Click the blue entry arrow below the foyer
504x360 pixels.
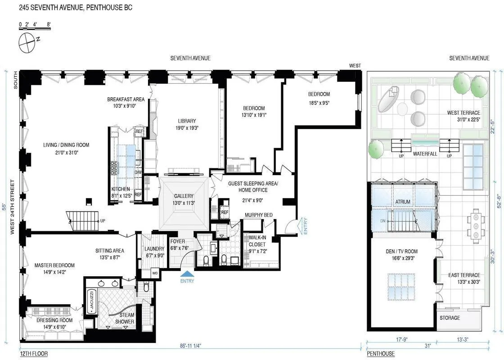[x=187, y=274]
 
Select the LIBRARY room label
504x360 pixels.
[x=187, y=121]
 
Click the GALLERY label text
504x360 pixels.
[x=184, y=196]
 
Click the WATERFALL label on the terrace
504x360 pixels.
[x=424, y=153]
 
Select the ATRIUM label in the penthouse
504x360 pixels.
[x=402, y=202]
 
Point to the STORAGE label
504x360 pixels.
[x=450, y=318]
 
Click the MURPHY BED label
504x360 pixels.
[x=259, y=215]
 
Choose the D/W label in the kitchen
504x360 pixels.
[x=138, y=172]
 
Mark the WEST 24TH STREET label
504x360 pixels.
[x=13, y=207]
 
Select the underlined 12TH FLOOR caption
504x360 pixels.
[x=34, y=354]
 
